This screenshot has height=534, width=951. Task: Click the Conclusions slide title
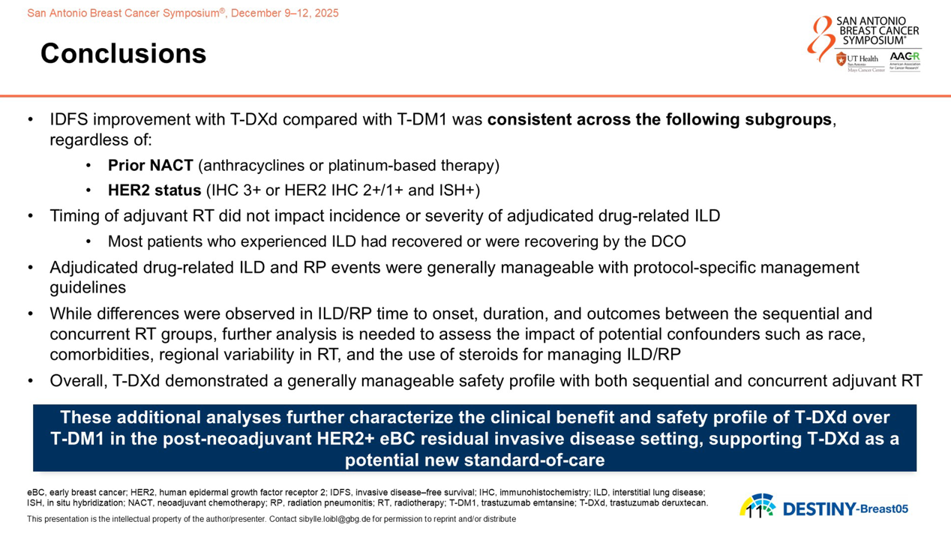point(123,53)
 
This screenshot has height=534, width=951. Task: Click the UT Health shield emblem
point(841,59)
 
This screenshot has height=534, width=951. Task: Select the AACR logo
point(904,61)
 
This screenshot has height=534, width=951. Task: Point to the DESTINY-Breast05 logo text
point(845,509)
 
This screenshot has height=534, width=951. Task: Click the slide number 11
point(754,512)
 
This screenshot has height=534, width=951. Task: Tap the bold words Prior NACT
point(150,165)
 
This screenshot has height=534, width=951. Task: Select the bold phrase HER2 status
point(154,190)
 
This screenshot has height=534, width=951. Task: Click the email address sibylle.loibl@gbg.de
point(334,519)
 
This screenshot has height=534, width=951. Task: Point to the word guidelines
point(88,287)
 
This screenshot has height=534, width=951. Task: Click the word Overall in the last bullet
point(78,381)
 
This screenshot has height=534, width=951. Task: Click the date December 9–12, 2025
point(284,13)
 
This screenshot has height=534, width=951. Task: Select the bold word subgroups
point(788,120)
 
